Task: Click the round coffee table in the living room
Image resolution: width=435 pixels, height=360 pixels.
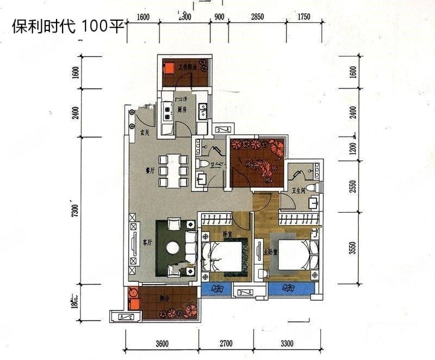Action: [x=173, y=248]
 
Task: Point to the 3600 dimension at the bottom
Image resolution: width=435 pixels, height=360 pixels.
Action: [x=162, y=344]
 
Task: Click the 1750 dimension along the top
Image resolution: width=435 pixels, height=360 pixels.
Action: [x=303, y=17]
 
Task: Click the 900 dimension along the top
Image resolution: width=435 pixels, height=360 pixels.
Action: [x=219, y=17]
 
